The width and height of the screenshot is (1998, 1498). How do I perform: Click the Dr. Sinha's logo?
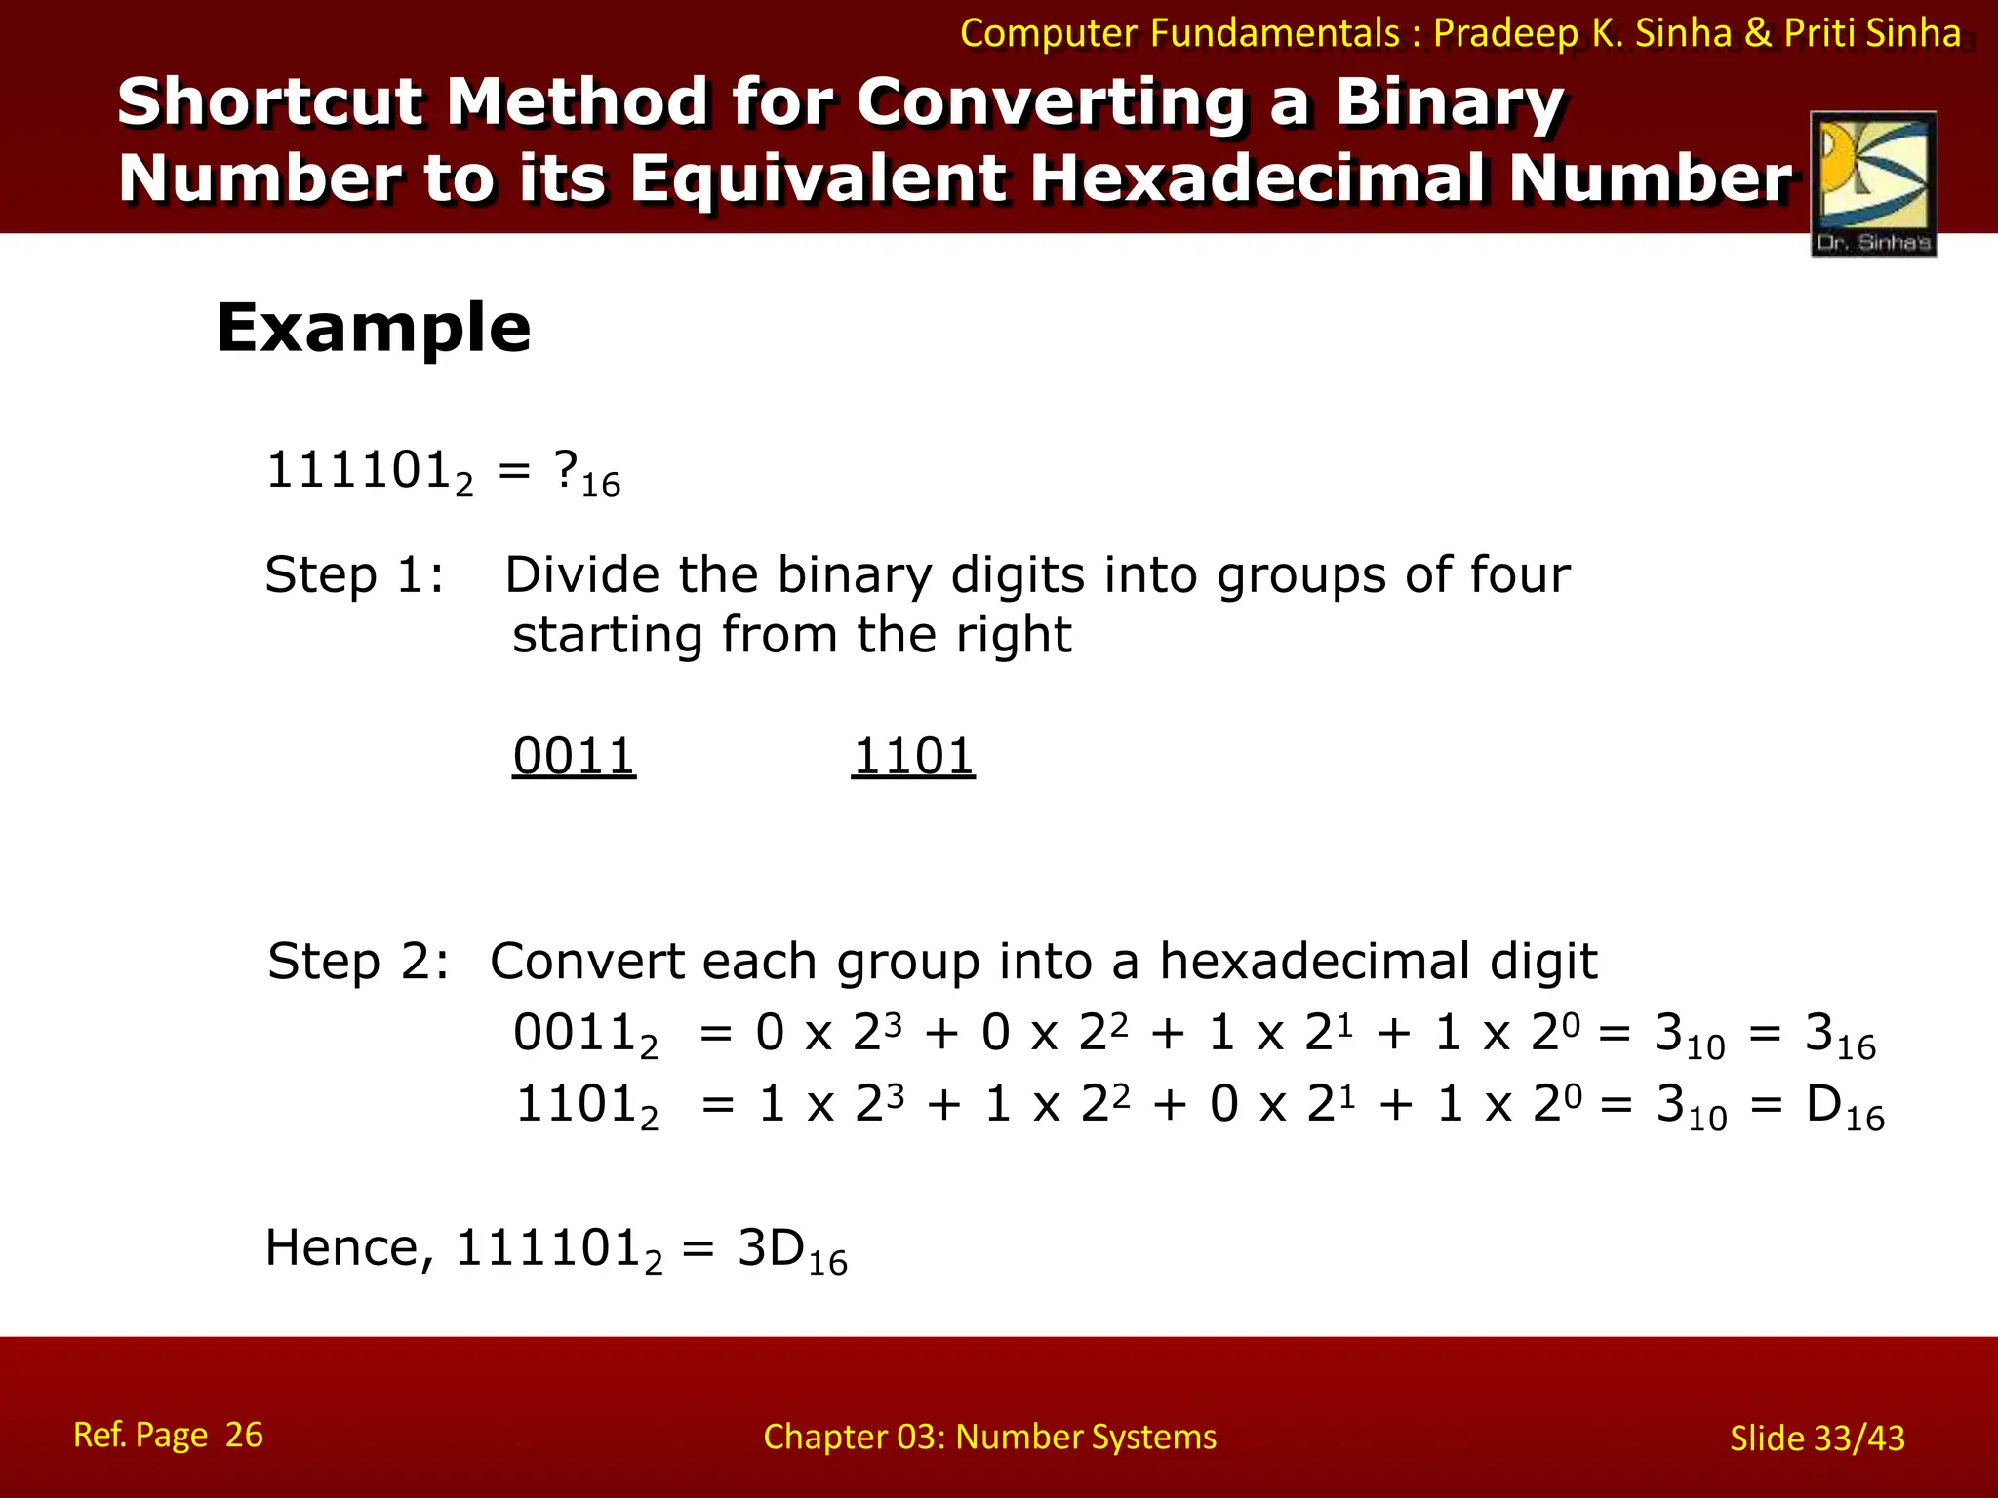(x=1873, y=183)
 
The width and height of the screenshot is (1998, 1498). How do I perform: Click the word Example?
(x=374, y=328)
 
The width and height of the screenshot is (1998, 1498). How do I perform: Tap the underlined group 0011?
(x=574, y=757)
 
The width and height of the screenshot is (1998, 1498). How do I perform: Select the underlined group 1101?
(x=913, y=757)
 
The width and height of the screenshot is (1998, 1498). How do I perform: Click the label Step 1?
(x=354, y=574)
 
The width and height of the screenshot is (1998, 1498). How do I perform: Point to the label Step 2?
(x=359, y=962)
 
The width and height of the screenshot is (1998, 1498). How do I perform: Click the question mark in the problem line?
(x=566, y=470)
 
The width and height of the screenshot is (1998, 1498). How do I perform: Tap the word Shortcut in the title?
(x=270, y=102)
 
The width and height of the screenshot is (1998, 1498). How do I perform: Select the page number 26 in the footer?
(x=244, y=1435)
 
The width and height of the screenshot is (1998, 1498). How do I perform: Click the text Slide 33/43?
(x=1817, y=1439)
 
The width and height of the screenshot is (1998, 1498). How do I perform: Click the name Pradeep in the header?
(x=1505, y=33)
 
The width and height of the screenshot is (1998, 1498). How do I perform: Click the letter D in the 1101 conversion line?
(x=1823, y=1105)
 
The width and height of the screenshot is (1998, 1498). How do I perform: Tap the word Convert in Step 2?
(x=586, y=962)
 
